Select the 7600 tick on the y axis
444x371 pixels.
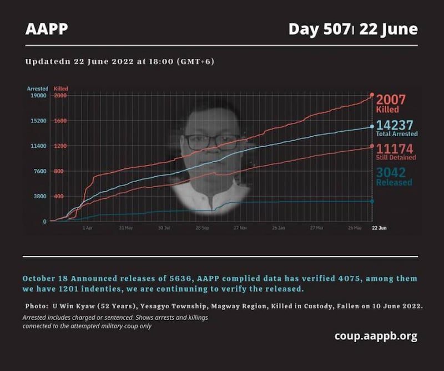[x=39, y=171]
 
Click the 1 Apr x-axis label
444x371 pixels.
[x=88, y=228]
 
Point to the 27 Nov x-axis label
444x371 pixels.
[x=240, y=228]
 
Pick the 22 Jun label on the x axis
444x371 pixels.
[x=379, y=228]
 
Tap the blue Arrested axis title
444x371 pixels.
[x=38, y=89]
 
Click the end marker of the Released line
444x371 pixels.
[x=372, y=201]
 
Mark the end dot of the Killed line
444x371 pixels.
[x=372, y=95]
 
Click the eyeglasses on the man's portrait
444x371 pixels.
[x=212, y=141]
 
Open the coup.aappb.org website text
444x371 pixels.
[x=376, y=336]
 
